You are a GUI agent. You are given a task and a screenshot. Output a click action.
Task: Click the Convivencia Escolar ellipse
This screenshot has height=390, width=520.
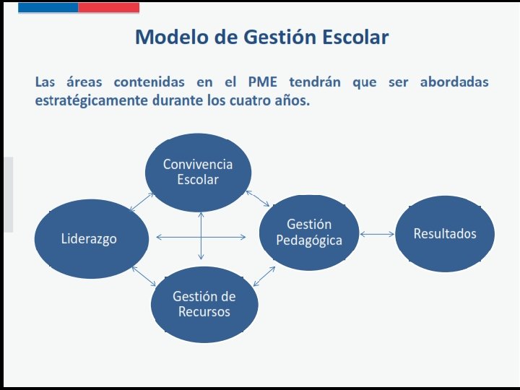[x=198, y=171]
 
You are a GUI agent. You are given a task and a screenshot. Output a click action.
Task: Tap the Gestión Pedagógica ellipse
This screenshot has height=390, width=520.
[x=309, y=232]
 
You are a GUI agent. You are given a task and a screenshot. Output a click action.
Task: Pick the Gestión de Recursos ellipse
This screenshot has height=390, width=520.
[x=204, y=304]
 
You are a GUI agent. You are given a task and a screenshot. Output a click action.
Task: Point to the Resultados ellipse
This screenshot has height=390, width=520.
[x=445, y=233]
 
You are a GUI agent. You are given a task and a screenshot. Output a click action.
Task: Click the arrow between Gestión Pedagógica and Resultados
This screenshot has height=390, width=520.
[x=377, y=234]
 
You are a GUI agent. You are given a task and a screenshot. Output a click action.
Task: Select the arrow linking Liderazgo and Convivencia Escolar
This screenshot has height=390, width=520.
[x=142, y=201]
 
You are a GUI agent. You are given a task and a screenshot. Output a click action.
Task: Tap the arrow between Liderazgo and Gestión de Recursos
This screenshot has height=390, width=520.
[x=143, y=277]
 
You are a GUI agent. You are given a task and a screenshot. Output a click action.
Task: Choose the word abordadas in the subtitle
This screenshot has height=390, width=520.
[x=454, y=82]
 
